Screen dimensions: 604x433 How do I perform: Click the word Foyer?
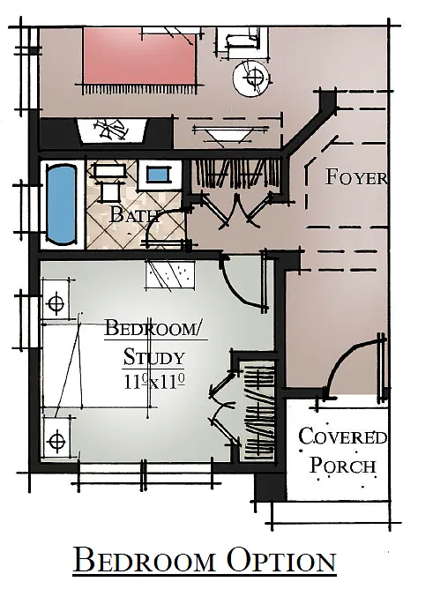click(356, 176)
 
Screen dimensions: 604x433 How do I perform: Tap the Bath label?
click(134, 213)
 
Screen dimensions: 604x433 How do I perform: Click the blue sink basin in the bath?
click(156, 174)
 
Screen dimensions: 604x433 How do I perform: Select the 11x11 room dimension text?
click(153, 383)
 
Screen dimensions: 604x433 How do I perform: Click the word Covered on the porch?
click(342, 436)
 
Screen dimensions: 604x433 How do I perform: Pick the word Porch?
click(343, 466)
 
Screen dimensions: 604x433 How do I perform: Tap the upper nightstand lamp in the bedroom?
click(56, 303)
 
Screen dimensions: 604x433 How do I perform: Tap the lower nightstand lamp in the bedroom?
click(56, 438)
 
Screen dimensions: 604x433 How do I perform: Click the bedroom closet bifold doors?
click(228, 409)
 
